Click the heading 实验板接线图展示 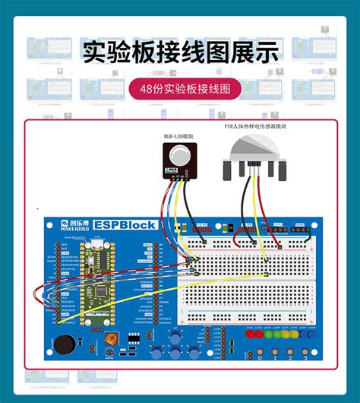click(x=180, y=51)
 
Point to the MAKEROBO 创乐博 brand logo click(x=74, y=225)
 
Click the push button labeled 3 click(x=305, y=352)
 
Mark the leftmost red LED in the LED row click(x=249, y=335)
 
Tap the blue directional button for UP click(x=176, y=335)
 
